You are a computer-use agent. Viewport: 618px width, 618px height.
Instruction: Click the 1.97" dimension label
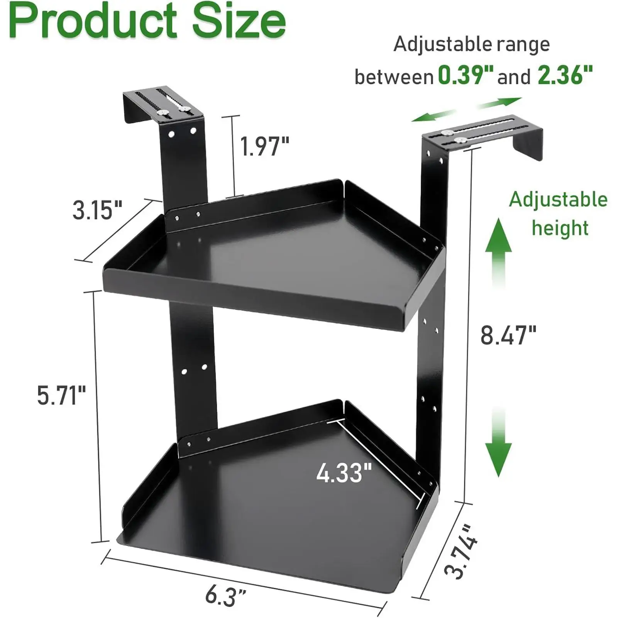264,147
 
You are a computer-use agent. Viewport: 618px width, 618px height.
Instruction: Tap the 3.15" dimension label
97,211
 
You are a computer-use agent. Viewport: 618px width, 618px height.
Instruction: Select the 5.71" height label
61,396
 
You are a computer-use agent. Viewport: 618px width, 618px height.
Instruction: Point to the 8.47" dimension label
508,335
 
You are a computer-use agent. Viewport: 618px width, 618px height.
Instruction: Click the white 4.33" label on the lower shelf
344,473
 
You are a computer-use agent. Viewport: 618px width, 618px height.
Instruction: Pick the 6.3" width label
226,596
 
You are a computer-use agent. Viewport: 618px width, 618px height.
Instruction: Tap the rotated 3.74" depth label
462,552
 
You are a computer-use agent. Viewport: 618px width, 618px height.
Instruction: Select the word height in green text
560,228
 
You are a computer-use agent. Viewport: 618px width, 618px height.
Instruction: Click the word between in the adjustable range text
394,77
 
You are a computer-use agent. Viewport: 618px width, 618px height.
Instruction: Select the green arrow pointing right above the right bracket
500,102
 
